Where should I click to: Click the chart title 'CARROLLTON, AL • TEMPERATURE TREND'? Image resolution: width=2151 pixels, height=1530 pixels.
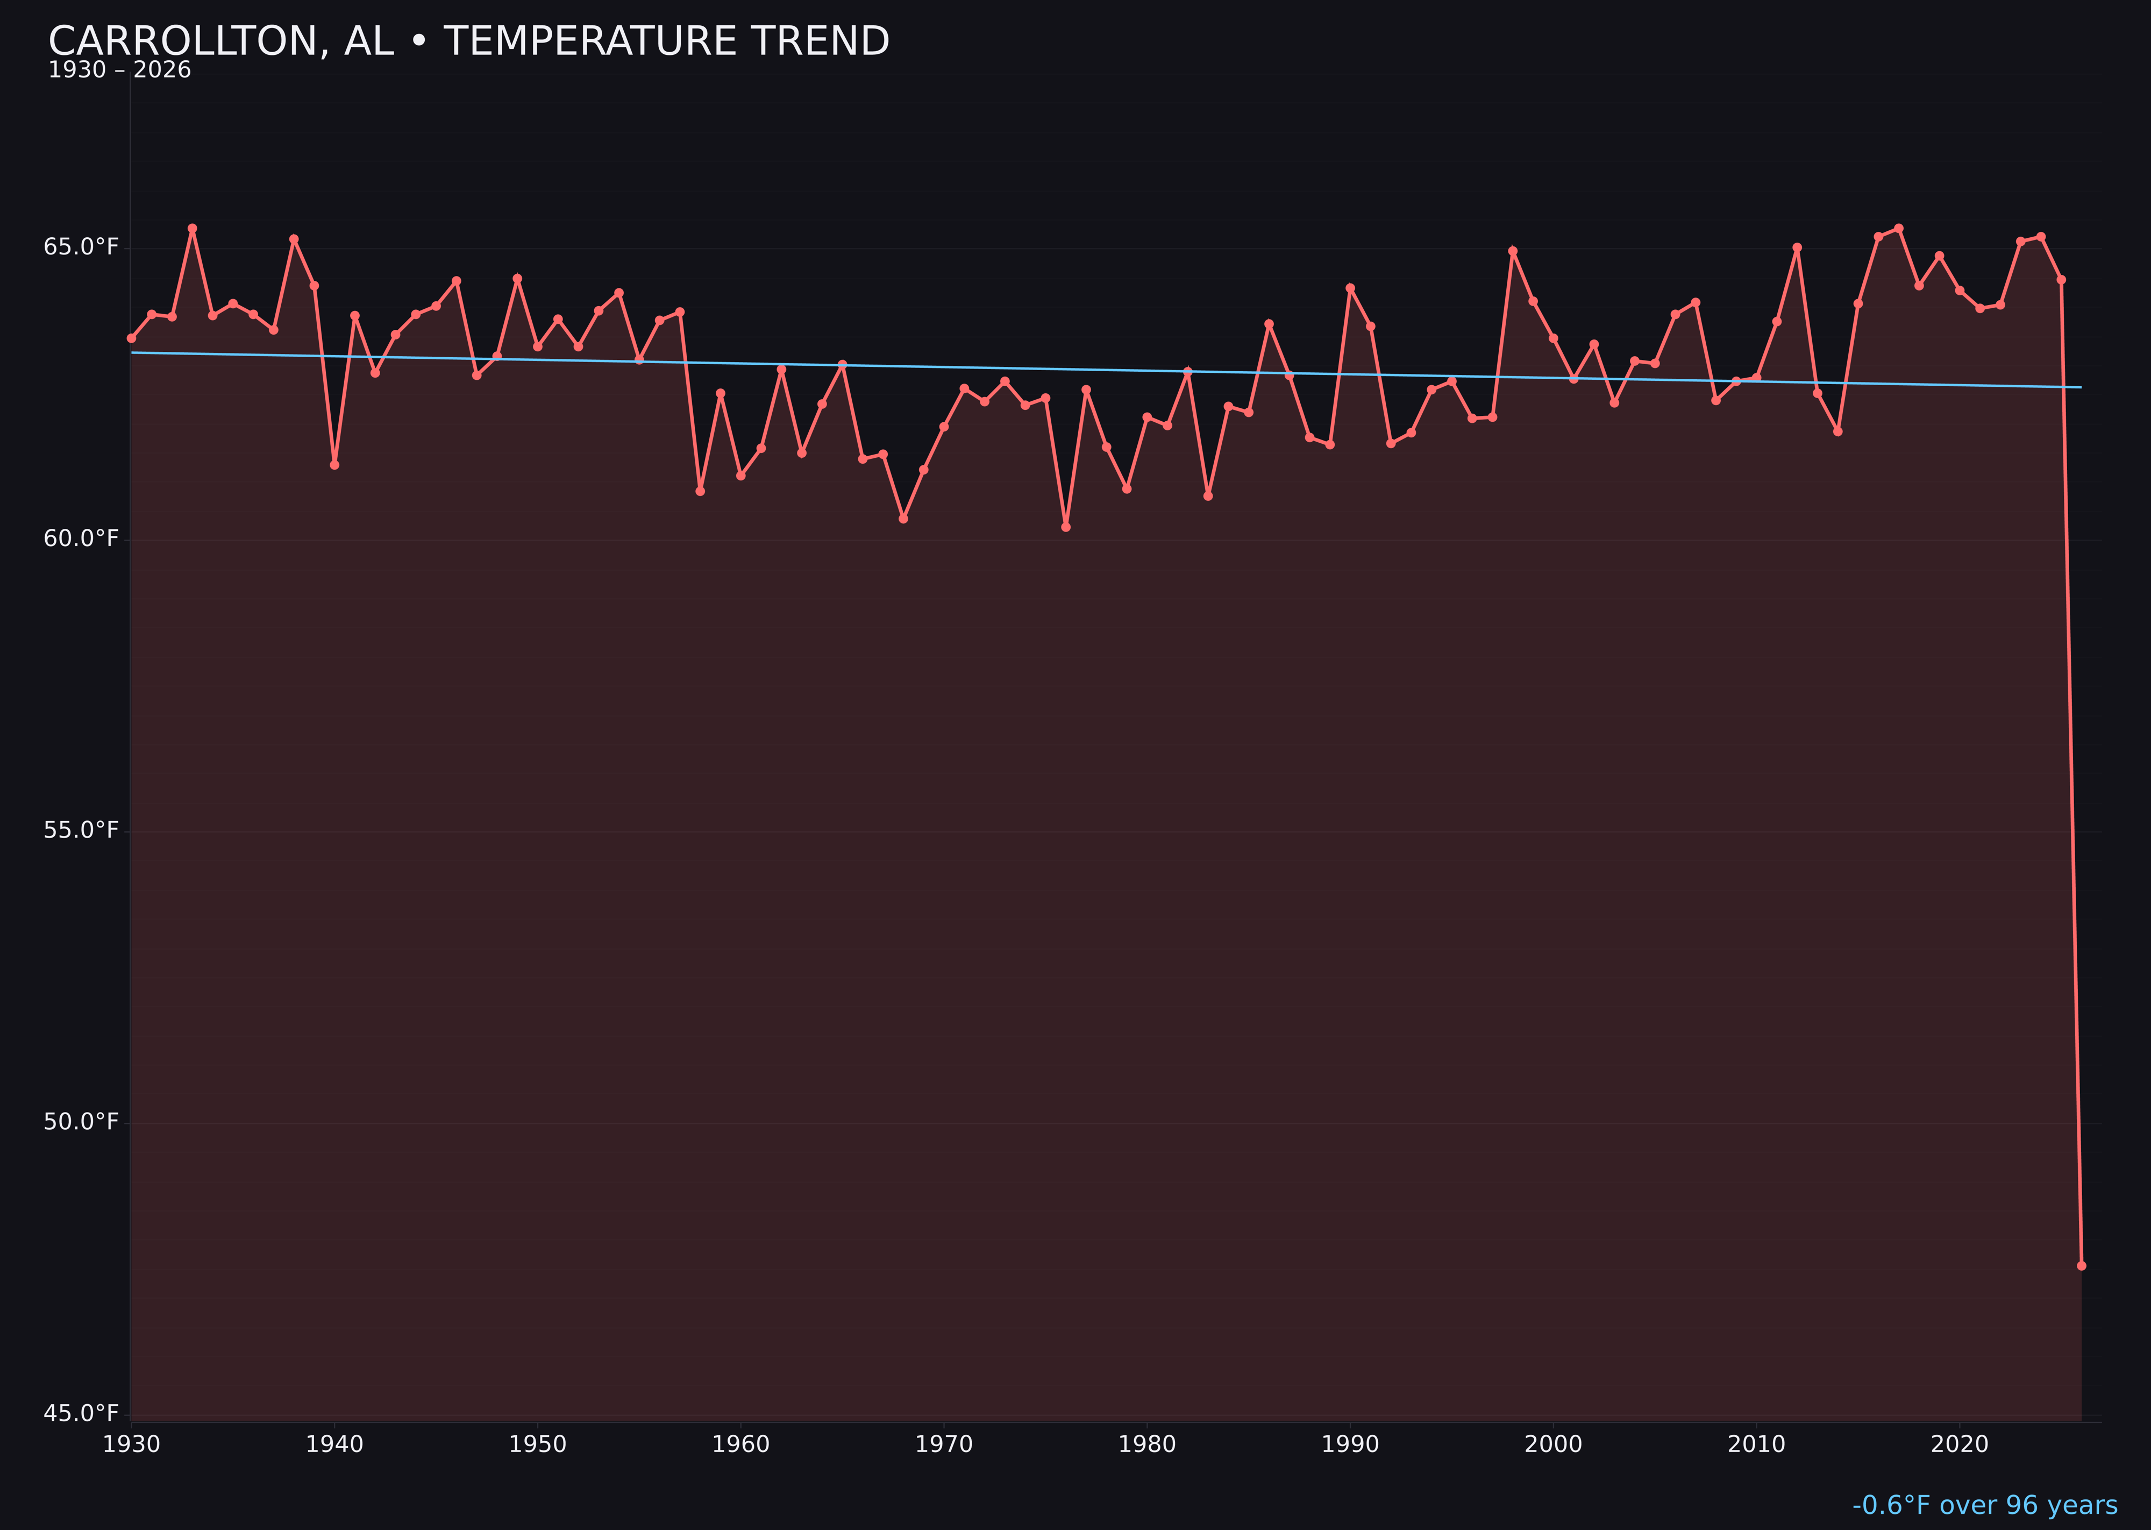pyautogui.click(x=468, y=41)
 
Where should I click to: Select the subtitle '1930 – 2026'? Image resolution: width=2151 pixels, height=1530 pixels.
pyautogui.click(x=119, y=70)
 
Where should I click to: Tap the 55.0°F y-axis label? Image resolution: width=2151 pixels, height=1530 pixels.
pyautogui.click(x=81, y=830)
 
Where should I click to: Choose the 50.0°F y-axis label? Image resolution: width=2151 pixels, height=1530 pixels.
pyautogui.click(x=81, y=1122)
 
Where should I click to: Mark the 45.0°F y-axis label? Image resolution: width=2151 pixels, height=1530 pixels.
pyautogui.click(x=81, y=1413)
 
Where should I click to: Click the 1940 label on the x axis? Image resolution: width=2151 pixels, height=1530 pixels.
pyautogui.click(x=334, y=1444)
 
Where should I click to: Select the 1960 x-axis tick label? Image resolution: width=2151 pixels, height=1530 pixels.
pyautogui.click(x=740, y=1444)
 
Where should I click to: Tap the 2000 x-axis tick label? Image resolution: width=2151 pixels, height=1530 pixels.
pyautogui.click(x=1553, y=1444)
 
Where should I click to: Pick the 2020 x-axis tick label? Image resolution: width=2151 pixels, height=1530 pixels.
pyautogui.click(x=1960, y=1444)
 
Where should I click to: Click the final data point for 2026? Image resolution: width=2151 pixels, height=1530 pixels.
pyautogui.click(x=2081, y=1265)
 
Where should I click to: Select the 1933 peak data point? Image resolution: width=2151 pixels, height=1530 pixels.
pyautogui.click(x=192, y=228)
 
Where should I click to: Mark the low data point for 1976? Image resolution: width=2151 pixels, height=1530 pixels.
pyautogui.click(x=1066, y=527)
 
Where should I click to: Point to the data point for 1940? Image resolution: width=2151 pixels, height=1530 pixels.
pyautogui.click(x=334, y=464)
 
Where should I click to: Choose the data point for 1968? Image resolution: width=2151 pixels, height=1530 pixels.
pyautogui.click(x=903, y=518)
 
